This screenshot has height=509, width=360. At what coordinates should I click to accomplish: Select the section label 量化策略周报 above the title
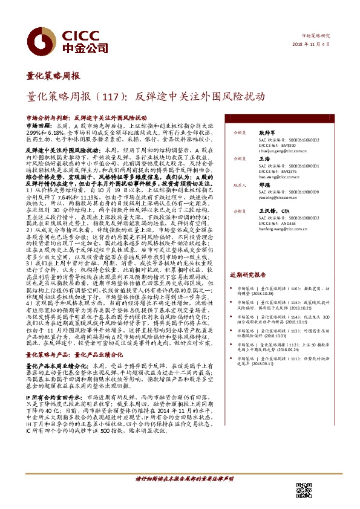[53, 76]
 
